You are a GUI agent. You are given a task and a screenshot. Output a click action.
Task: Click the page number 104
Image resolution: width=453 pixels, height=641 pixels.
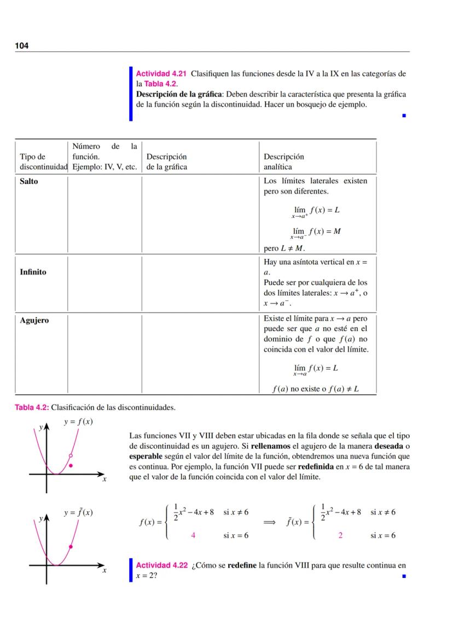21,46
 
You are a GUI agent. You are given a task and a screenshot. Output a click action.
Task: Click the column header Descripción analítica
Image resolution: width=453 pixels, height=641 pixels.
283,162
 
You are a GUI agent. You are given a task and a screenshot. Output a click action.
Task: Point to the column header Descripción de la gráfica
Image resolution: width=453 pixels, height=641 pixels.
166,162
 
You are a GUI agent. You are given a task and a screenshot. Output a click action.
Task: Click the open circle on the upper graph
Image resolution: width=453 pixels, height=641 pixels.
71,455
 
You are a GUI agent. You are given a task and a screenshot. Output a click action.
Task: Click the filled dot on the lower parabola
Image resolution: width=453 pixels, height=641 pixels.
71,546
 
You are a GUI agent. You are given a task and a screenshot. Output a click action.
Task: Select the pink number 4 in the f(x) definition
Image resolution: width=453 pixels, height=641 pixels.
193,536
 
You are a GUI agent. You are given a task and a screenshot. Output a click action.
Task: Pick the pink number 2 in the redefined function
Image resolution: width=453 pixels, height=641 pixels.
340,536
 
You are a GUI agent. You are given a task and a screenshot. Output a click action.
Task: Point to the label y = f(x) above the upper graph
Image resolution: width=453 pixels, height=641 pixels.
78,422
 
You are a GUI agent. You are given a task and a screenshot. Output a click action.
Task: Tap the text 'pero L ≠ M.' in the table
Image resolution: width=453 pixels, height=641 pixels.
284,249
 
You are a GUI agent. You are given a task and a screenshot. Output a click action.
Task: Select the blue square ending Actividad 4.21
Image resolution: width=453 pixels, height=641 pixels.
404,116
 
